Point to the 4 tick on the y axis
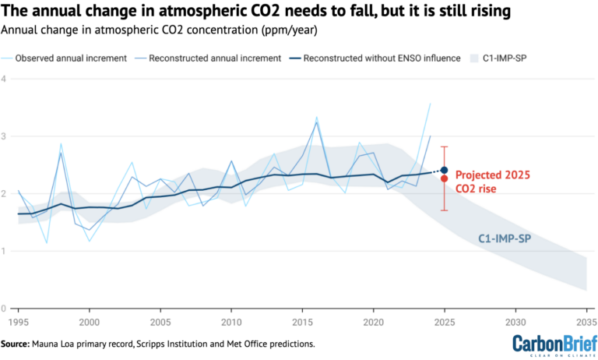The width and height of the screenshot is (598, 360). [4, 79]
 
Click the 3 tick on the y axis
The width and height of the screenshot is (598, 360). [4, 136]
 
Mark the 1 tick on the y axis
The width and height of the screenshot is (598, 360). [4, 251]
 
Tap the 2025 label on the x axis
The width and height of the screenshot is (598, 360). [444, 321]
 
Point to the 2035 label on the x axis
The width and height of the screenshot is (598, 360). [585, 321]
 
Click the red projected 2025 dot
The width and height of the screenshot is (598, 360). [444, 178]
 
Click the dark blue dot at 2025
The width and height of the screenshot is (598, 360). [444, 170]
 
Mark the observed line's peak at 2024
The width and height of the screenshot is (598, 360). [430, 104]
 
